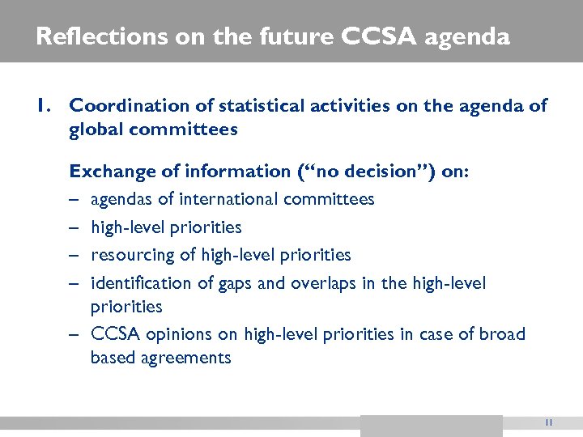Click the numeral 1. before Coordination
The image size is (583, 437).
point(45,105)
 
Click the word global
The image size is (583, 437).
point(96,129)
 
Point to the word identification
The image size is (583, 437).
point(143,283)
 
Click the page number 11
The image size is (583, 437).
point(548,422)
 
